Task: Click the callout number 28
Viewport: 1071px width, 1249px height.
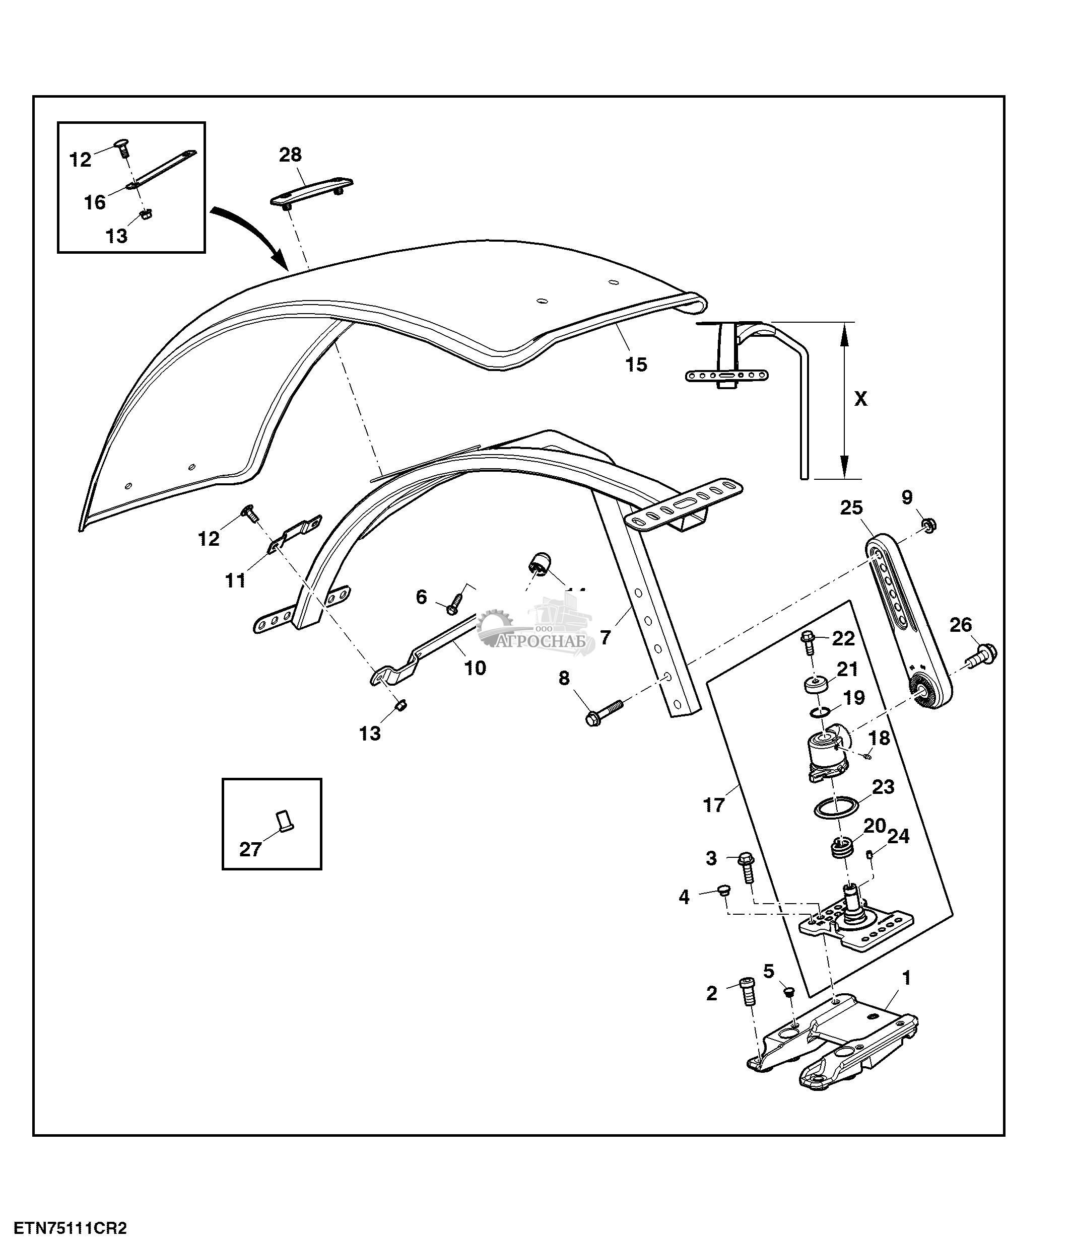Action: click(290, 155)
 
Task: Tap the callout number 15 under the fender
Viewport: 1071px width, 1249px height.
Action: click(636, 364)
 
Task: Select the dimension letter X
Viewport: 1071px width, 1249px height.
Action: click(860, 398)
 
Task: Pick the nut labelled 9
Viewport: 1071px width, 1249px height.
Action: click(928, 526)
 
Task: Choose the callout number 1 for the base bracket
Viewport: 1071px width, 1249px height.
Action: click(906, 978)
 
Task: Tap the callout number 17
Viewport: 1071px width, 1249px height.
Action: click(713, 805)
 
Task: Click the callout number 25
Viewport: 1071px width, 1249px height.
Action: click(851, 508)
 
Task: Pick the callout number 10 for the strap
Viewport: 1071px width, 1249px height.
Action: click(475, 668)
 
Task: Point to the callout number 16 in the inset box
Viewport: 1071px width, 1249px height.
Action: click(95, 202)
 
